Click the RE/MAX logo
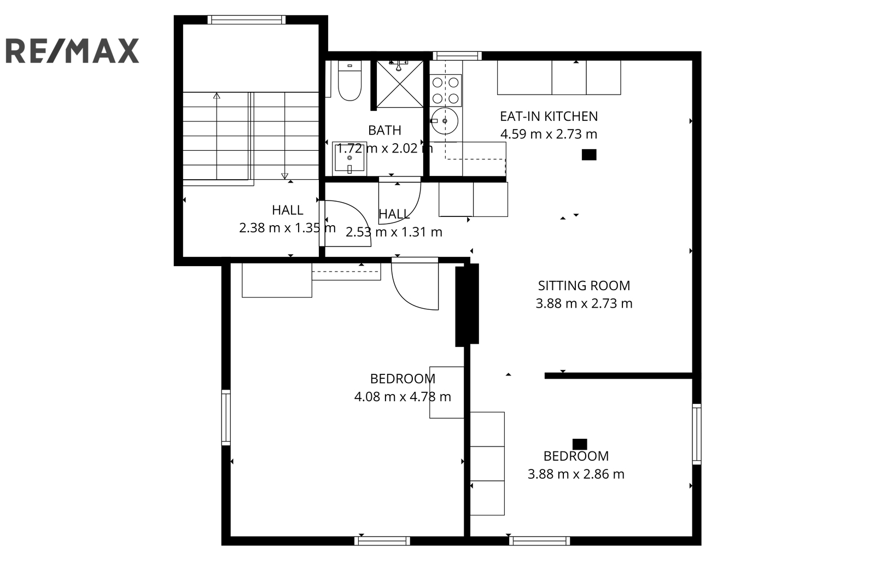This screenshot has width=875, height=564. (x=72, y=50)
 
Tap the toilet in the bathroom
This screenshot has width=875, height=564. (x=349, y=81)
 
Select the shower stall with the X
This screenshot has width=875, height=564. (x=400, y=84)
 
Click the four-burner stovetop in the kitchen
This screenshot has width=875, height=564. (x=445, y=90)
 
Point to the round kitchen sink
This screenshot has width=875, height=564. (x=445, y=121)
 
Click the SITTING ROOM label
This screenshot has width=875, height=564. (x=584, y=286)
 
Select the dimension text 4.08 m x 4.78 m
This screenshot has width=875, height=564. (x=402, y=397)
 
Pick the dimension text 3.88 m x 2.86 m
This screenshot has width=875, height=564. (x=576, y=474)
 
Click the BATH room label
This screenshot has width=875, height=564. (x=384, y=131)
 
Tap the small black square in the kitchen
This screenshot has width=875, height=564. (x=589, y=155)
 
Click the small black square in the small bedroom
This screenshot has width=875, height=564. (x=580, y=444)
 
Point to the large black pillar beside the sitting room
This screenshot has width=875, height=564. (x=467, y=305)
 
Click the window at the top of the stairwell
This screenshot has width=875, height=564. (x=247, y=20)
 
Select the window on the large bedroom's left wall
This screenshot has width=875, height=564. (x=226, y=417)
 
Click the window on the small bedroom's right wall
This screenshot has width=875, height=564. (x=697, y=434)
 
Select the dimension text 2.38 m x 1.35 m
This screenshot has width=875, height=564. (x=287, y=228)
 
